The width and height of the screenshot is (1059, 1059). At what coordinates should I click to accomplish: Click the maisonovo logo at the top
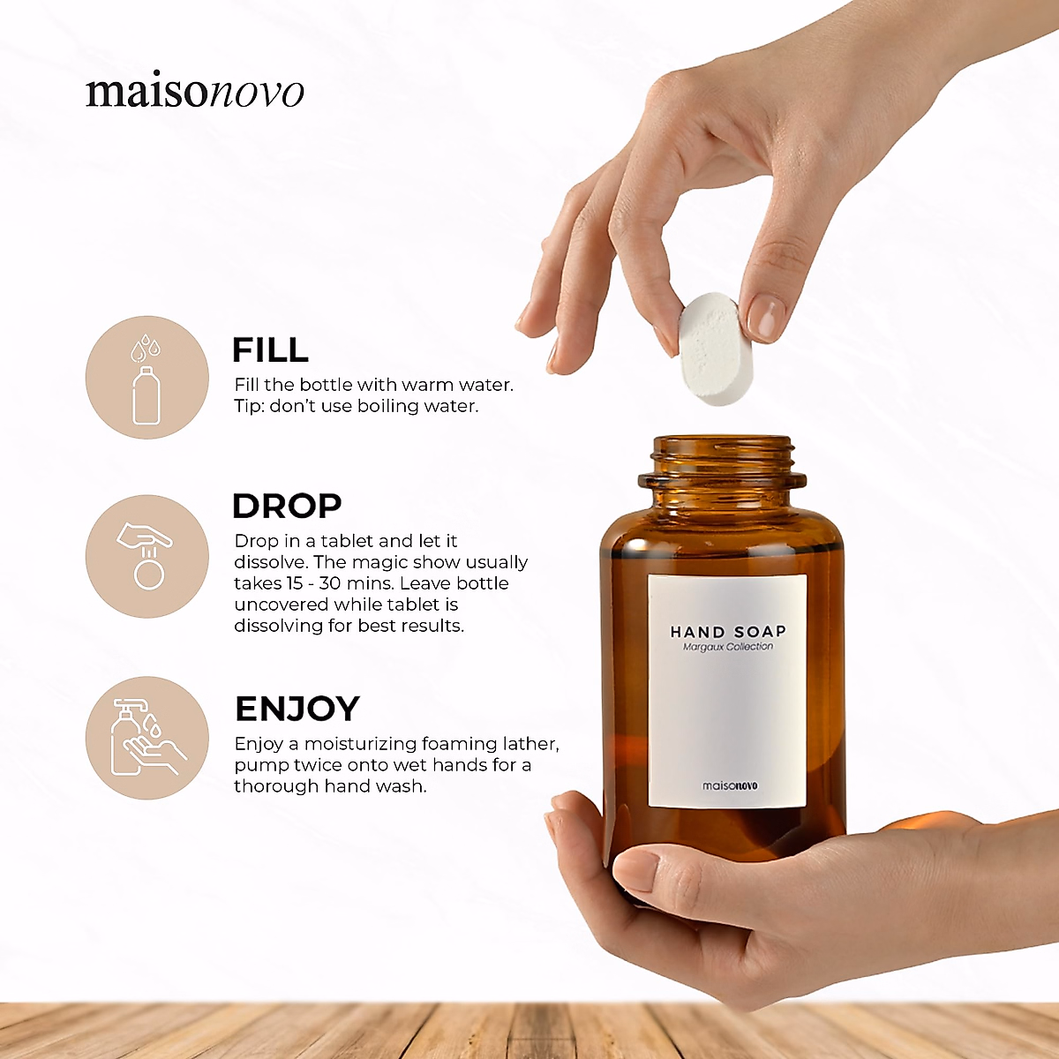(x=195, y=92)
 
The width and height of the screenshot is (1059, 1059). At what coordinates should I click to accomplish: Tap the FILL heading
(x=270, y=350)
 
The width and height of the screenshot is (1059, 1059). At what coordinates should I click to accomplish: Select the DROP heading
(x=287, y=507)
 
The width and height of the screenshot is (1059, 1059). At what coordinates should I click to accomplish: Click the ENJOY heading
(x=297, y=709)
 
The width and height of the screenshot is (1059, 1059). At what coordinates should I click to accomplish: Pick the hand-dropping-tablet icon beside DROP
(x=147, y=557)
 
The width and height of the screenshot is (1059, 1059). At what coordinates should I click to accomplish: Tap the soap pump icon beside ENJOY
(x=147, y=738)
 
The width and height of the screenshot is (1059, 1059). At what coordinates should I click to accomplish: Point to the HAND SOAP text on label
(x=727, y=632)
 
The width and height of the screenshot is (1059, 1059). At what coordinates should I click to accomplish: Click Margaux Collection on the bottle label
(x=727, y=647)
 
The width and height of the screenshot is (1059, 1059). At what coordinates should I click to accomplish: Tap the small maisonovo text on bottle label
(x=729, y=785)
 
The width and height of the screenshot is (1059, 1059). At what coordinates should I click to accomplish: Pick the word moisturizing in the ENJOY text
(x=360, y=744)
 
